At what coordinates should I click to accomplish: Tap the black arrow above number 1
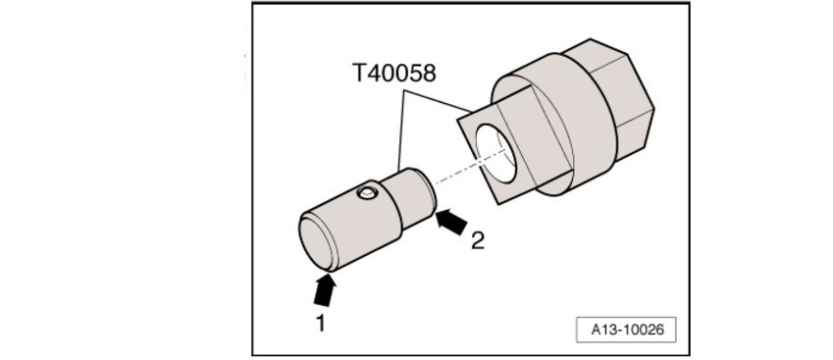coord(324,288)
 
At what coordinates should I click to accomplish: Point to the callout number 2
coord(477,240)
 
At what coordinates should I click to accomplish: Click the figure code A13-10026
coord(626,330)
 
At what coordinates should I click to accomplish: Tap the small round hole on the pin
coord(367,193)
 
